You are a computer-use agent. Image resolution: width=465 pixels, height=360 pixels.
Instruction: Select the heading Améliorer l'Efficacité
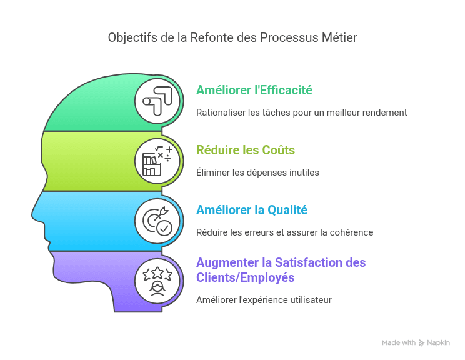click(x=254, y=90)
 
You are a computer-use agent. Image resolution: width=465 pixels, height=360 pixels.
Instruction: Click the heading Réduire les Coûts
click(x=246, y=150)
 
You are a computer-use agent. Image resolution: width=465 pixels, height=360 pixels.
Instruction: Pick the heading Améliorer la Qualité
click(x=252, y=210)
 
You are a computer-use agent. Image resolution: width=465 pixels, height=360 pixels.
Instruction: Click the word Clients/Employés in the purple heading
click(x=245, y=278)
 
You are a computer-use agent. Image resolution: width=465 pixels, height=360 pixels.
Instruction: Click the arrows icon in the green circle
click(x=157, y=101)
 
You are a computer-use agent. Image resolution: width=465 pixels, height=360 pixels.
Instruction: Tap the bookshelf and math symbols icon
click(x=157, y=161)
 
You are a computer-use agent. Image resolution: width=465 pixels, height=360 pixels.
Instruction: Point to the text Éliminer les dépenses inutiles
click(x=257, y=172)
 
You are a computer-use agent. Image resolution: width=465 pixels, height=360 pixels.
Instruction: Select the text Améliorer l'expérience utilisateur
click(x=264, y=300)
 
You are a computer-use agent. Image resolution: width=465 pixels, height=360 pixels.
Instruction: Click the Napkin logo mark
click(x=421, y=343)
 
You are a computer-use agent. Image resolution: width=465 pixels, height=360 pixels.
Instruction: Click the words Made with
click(x=399, y=342)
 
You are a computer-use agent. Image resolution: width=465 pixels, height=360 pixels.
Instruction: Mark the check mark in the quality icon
click(x=164, y=228)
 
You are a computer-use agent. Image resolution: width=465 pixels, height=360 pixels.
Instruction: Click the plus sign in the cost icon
click(x=169, y=149)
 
